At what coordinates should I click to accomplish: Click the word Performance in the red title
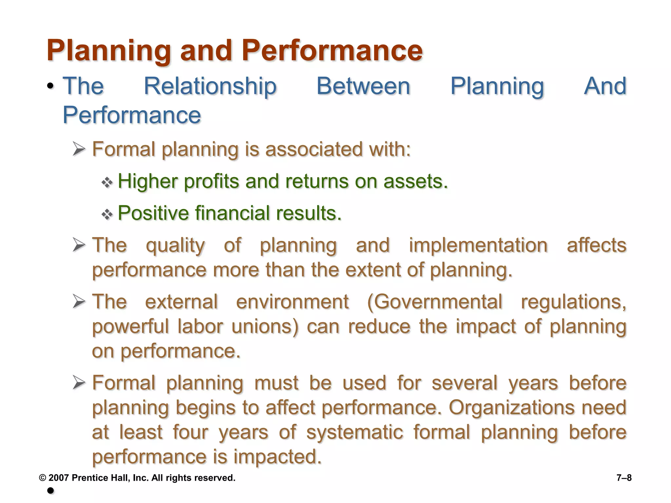(332, 51)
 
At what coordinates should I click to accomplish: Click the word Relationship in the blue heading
(210, 86)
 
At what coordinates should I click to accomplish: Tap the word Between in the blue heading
(363, 86)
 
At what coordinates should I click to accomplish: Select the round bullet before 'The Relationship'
(50, 86)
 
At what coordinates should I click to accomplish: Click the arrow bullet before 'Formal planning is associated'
(79, 149)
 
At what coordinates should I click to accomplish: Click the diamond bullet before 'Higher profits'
(107, 182)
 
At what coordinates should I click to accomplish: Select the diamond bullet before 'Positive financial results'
(107, 214)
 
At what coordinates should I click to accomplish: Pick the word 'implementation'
(478, 246)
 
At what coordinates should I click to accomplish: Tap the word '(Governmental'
(434, 302)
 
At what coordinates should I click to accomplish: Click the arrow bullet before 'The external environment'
(79, 301)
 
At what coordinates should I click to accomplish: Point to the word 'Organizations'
(511, 408)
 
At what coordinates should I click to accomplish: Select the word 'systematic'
(355, 432)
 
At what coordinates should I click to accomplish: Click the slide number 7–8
(624, 478)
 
